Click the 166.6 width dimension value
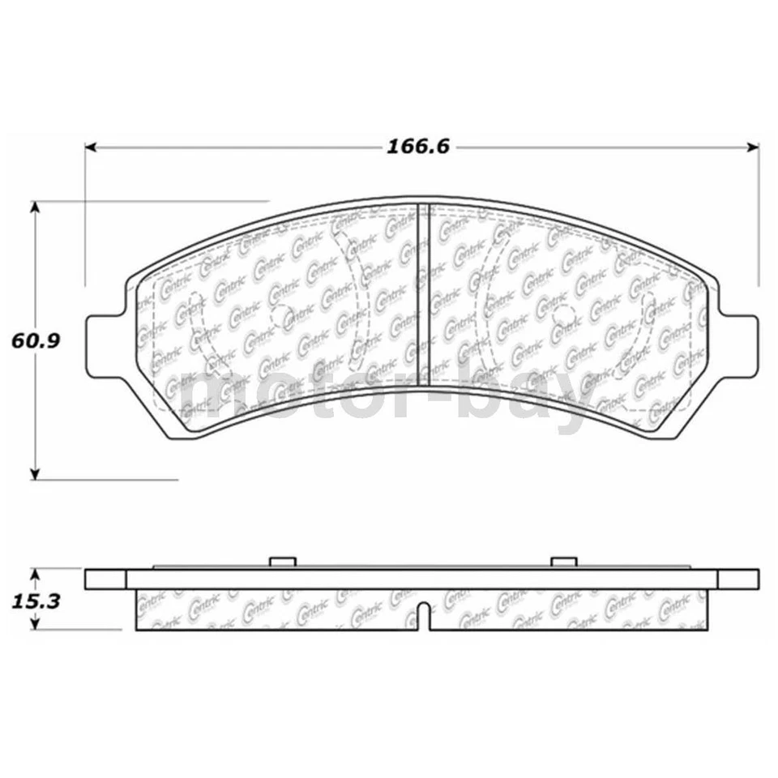(418, 147)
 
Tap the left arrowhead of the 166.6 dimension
(92, 147)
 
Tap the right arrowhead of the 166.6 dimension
(753, 147)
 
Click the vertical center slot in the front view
(421, 292)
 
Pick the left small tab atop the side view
(281, 562)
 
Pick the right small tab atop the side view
(562, 562)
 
